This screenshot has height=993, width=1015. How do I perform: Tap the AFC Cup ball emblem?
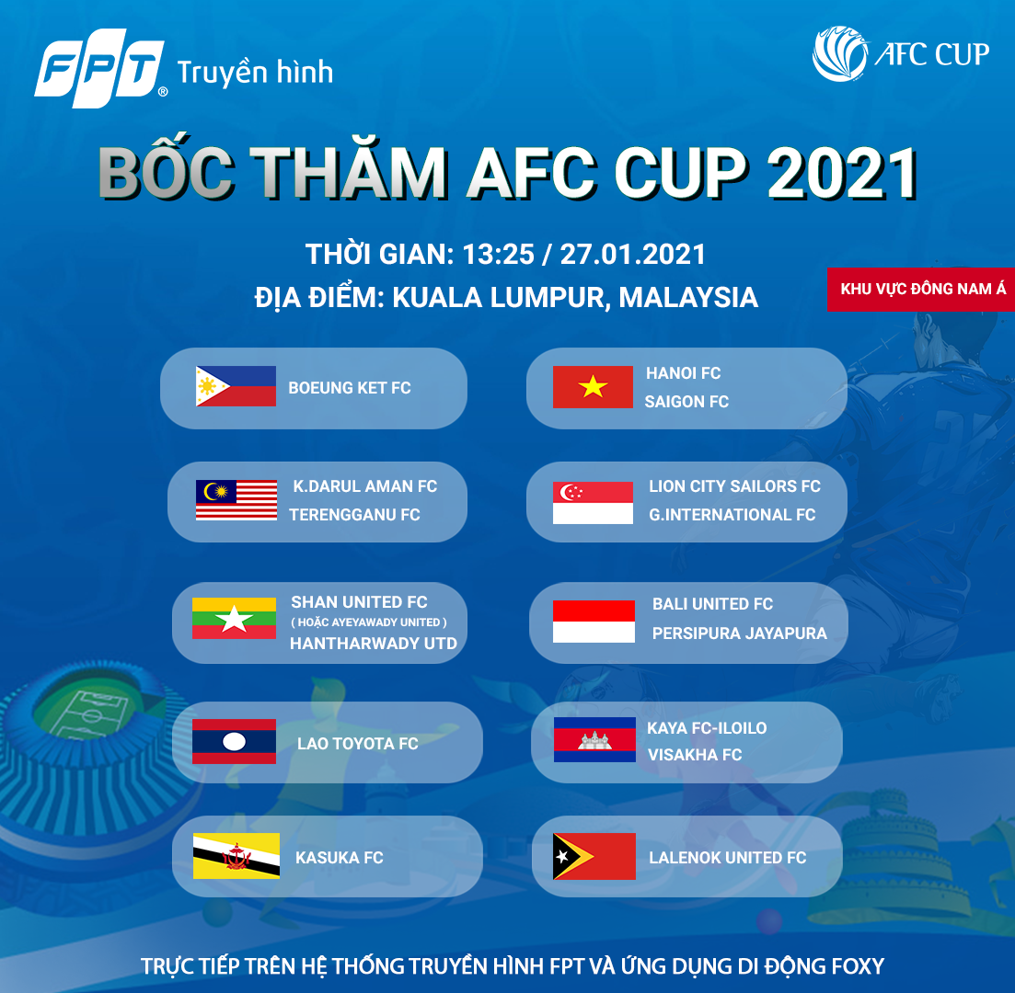[839, 54]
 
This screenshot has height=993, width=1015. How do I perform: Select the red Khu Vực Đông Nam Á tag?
[922, 289]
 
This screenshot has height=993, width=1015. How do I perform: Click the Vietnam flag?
[593, 387]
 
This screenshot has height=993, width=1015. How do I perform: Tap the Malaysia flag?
[236, 500]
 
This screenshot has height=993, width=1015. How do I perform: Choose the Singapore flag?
[593, 503]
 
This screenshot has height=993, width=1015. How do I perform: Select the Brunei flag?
[236, 856]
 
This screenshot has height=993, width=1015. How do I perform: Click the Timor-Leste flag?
[594, 856]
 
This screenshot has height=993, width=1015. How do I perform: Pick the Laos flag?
[234, 741]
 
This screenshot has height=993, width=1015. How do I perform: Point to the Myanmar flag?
[234, 619]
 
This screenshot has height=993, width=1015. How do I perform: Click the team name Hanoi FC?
[683, 373]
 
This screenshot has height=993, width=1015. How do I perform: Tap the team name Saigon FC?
[686, 402]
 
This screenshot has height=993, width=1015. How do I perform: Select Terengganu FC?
[354, 515]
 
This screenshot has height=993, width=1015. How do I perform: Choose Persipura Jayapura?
[739, 633]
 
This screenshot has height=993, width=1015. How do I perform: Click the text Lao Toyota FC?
[357, 744]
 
